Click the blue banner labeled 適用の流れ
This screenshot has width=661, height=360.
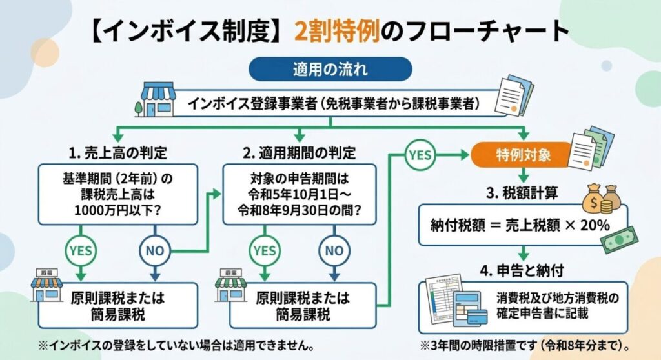pyautogui.click(x=330, y=68)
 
